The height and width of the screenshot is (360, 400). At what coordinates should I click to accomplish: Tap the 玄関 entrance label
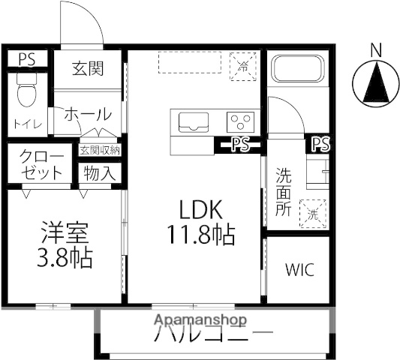pyautogui.click(x=88, y=68)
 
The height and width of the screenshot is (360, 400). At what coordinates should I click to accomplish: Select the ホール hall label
pyautogui.click(x=88, y=115)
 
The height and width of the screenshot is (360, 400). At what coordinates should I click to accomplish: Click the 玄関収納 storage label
pyautogui.click(x=100, y=149)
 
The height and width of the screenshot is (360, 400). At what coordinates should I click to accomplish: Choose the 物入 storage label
pyautogui.click(x=99, y=174)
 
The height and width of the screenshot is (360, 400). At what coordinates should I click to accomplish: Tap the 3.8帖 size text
pyautogui.click(x=66, y=259)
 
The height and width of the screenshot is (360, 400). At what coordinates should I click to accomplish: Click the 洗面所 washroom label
pyautogui.click(x=284, y=193)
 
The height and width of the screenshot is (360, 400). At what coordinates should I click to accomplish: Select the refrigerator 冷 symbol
pyautogui.click(x=243, y=64)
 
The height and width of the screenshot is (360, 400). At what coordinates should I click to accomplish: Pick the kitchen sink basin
pyautogui.click(x=193, y=121)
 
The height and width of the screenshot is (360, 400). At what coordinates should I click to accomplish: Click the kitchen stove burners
pyautogui.click(x=241, y=121)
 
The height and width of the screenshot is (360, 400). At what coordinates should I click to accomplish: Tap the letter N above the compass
pyautogui.click(x=376, y=49)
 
